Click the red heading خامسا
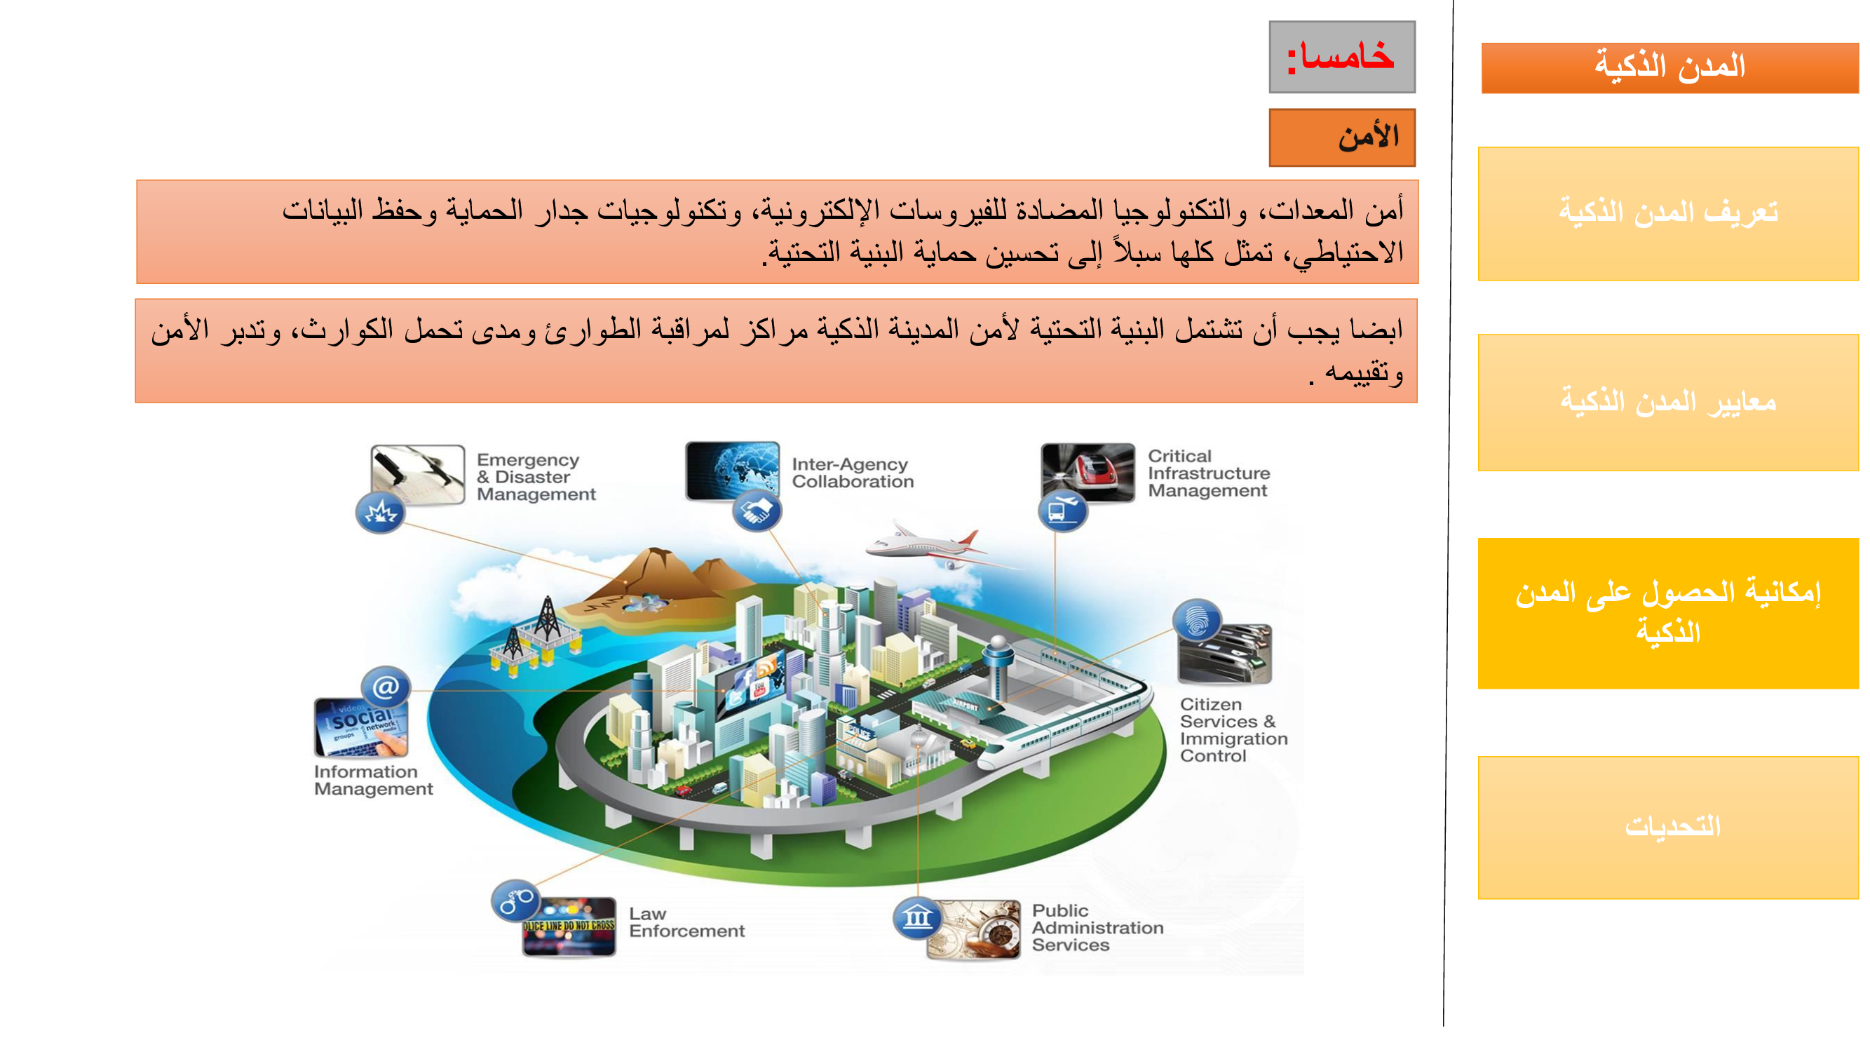(x=1341, y=57)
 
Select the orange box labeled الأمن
(x=1341, y=137)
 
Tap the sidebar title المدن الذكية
(x=1669, y=67)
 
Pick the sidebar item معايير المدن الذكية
(x=1668, y=402)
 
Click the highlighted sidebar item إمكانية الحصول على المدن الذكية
(x=1668, y=613)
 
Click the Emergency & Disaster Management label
(x=536, y=477)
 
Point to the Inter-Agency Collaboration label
(x=852, y=473)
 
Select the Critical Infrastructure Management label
(x=1208, y=473)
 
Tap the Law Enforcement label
(x=686, y=922)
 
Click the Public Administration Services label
(x=1097, y=928)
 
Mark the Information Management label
(x=373, y=781)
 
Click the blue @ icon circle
(x=386, y=686)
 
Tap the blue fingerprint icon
(x=1196, y=619)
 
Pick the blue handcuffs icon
(x=515, y=901)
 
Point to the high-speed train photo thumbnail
(x=1087, y=472)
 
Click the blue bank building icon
(x=917, y=917)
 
